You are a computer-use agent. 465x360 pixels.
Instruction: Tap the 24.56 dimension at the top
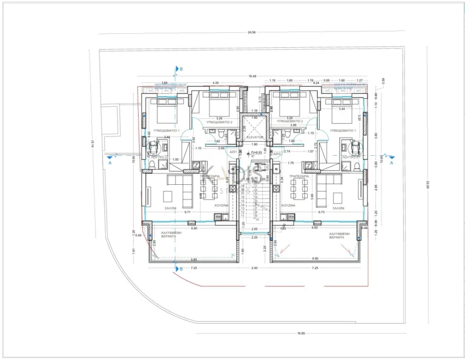[251, 32]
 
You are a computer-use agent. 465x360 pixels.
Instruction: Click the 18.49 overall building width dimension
[252, 76]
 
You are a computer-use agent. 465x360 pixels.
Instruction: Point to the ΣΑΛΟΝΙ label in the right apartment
[335, 207]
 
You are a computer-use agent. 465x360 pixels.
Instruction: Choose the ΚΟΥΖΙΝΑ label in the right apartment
[288, 205]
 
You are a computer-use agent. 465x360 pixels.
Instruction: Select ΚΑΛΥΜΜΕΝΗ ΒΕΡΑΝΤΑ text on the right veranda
[341, 236]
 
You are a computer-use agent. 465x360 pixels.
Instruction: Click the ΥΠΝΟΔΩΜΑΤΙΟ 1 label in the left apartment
[165, 130]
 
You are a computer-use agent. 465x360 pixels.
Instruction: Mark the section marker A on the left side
[110, 162]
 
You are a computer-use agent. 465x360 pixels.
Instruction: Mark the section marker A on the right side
[391, 162]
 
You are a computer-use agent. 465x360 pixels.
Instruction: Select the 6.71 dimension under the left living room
[188, 213]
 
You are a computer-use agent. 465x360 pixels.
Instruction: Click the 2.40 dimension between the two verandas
[254, 267]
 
